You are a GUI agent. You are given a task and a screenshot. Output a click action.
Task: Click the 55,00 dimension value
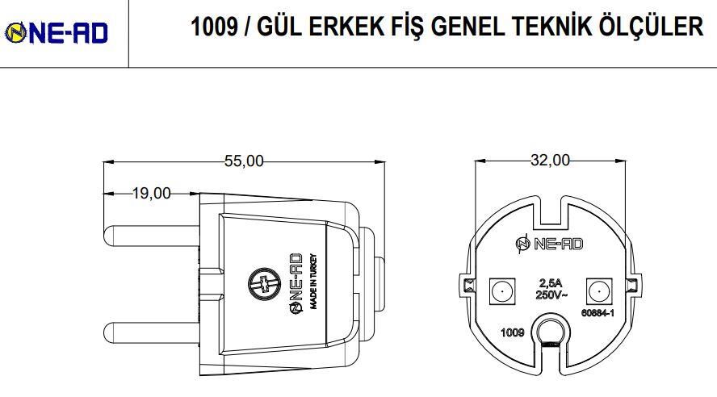[x=244, y=161]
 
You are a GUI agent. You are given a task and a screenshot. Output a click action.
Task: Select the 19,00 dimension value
[x=152, y=193]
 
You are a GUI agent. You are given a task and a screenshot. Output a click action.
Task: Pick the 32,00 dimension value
[x=549, y=161]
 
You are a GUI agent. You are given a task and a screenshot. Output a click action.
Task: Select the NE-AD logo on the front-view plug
[x=548, y=244]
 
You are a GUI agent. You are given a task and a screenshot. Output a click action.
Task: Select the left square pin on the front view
[x=501, y=290]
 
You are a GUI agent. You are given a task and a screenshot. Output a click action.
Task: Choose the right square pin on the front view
[x=598, y=290]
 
